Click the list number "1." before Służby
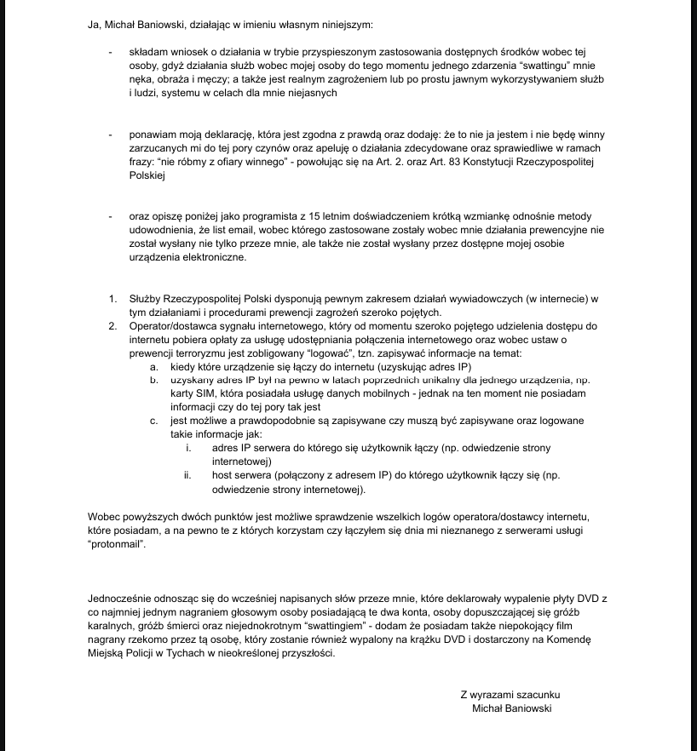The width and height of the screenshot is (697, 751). (x=112, y=299)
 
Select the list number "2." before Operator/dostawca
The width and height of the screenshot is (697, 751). (x=112, y=326)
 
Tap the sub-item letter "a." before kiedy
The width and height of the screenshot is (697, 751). (x=153, y=367)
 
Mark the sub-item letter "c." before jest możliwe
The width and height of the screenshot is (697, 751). (x=153, y=421)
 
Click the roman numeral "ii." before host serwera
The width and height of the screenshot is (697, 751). (x=187, y=475)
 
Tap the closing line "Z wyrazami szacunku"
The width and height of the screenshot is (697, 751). (x=510, y=694)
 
